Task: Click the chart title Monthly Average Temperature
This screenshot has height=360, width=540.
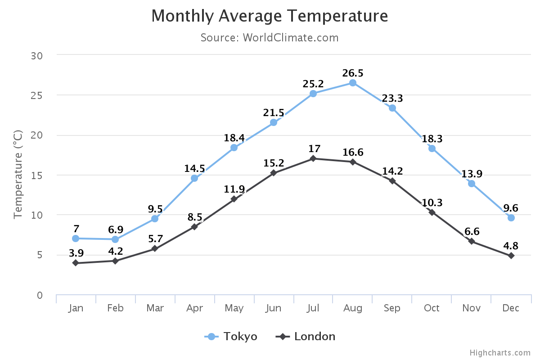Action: (270, 16)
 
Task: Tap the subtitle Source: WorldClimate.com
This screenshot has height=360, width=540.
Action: (270, 37)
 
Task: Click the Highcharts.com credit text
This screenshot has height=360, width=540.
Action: (500, 353)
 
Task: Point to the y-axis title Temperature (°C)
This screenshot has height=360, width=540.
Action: (18, 175)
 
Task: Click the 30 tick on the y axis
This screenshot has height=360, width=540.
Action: (36, 56)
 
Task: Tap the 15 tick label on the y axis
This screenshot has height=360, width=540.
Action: (37, 175)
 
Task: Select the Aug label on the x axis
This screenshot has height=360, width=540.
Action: (353, 308)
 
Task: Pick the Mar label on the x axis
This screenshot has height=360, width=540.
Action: (155, 308)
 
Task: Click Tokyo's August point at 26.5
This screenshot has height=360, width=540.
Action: (353, 83)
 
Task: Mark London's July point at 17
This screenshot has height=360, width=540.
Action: (313, 158)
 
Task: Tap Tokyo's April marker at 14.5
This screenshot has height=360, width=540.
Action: (194, 178)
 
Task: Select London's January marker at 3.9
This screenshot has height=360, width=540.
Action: (76, 263)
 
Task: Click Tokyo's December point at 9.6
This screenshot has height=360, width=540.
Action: (511, 218)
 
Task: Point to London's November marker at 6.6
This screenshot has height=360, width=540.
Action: (472, 242)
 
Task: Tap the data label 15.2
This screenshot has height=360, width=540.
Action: (274, 163)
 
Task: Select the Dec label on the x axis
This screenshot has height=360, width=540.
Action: (511, 308)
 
